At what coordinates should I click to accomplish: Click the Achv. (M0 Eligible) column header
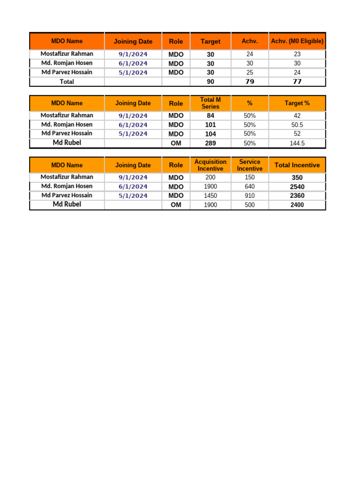pos(297,41)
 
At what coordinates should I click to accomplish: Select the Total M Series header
pos(210,103)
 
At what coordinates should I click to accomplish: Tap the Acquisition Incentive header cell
pos(210,165)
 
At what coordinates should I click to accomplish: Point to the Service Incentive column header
pos(250,165)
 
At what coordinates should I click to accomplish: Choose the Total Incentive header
pos(297,165)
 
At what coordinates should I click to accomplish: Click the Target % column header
pos(297,103)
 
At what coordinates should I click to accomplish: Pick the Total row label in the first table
pos(67,82)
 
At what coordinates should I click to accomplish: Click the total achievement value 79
pos(250,82)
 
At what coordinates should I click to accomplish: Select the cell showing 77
pos(297,82)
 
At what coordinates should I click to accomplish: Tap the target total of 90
pos(210,82)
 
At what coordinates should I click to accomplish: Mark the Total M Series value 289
pos(210,143)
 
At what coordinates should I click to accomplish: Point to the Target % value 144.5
pos(297,143)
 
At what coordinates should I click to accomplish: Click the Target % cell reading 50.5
pos(297,125)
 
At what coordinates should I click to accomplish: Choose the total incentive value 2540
pos(297,187)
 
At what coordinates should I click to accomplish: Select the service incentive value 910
pos(250,195)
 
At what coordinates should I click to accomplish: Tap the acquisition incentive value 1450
pos(210,195)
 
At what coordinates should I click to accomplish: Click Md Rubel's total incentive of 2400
pos(297,205)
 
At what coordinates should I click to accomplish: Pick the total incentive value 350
pos(297,178)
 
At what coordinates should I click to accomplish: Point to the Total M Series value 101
pos(210,125)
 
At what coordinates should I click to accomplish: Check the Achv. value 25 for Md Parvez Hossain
pos(250,73)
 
